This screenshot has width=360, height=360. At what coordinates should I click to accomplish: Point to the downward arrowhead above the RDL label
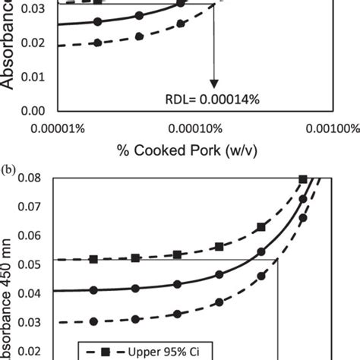pyautogui.click(x=214, y=83)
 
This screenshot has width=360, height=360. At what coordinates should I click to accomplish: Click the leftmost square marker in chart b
pyautogui.click(x=94, y=260)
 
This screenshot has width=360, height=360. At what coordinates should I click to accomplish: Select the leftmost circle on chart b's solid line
pyautogui.click(x=94, y=290)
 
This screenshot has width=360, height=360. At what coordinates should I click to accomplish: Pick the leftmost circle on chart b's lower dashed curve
pyautogui.click(x=94, y=321)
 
